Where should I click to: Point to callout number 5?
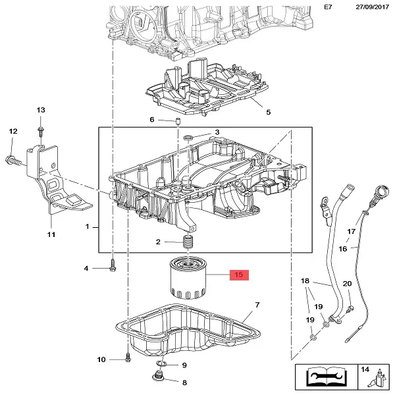[268, 112]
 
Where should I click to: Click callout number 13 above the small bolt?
[40, 109]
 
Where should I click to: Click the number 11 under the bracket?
[51, 234]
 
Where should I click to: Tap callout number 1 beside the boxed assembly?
[87, 227]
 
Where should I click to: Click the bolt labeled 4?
[113, 268]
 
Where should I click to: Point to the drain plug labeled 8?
[158, 377]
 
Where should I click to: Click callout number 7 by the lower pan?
[257, 305]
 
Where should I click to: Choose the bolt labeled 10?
[128, 359]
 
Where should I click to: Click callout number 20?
[347, 283]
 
